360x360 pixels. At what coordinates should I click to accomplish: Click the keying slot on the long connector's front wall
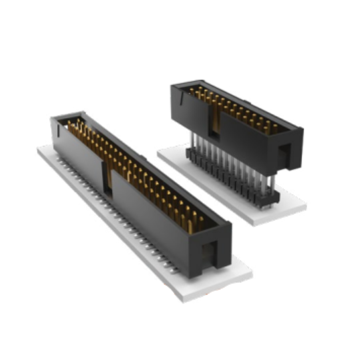[107, 178]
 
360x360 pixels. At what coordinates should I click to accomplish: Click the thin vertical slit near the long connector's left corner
[59, 130]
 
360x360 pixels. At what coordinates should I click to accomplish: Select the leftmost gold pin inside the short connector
[192, 91]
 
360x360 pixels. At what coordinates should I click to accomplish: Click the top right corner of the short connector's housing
[302, 129]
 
